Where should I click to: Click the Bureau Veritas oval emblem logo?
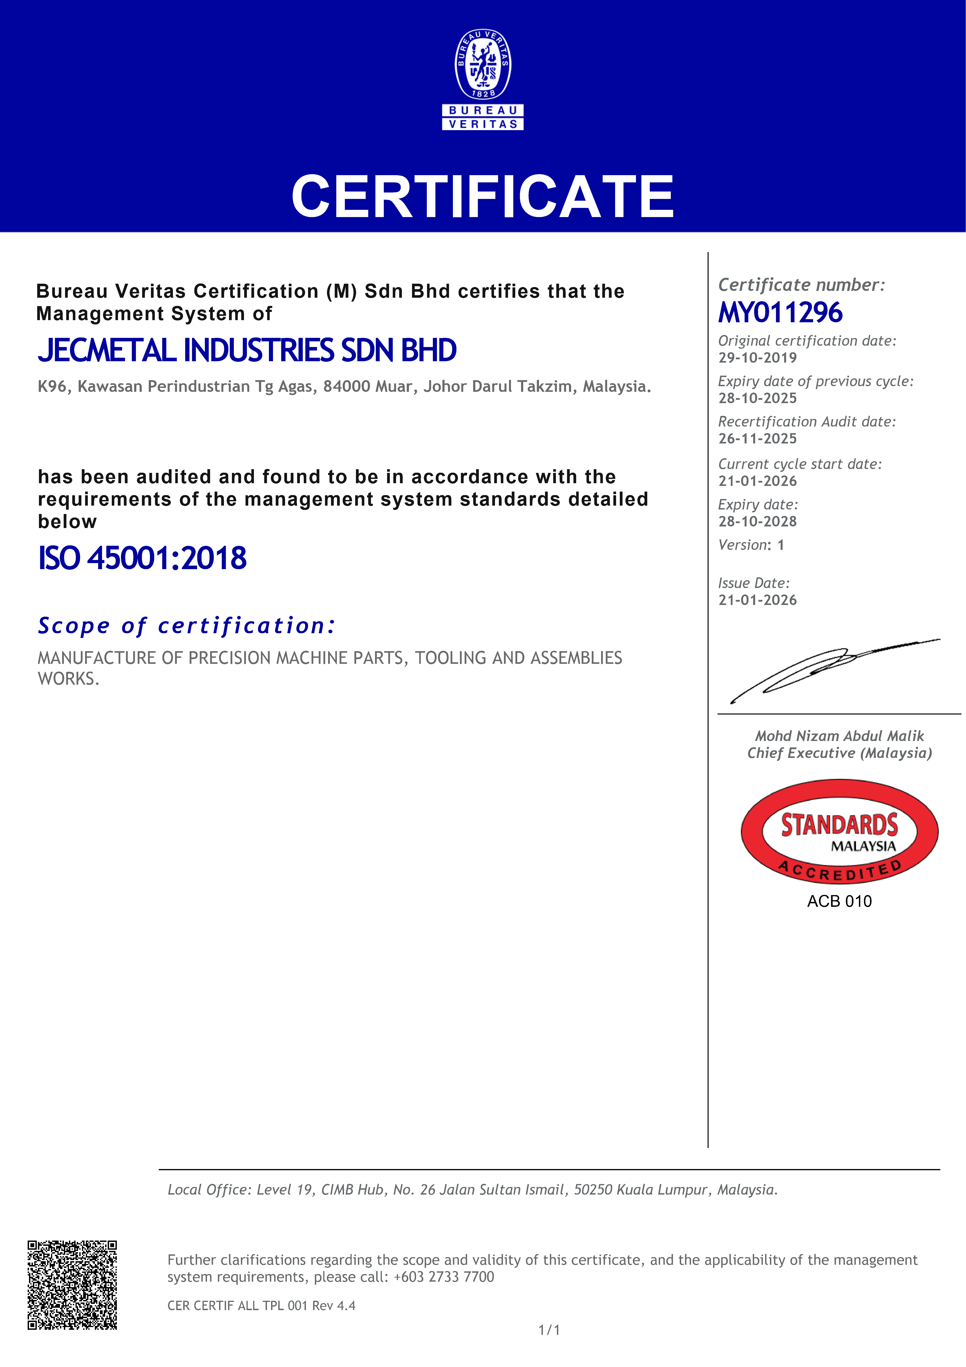tap(483, 64)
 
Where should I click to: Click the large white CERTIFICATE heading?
tap(483, 196)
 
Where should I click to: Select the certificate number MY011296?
tap(780, 313)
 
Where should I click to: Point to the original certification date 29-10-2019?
tap(757, 358)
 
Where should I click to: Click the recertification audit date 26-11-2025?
tap(757, 439)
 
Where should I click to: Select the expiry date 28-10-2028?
tap(757, 522)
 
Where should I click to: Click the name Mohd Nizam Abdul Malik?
tap(839, 736)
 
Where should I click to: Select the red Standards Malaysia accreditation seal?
tap(839, 832)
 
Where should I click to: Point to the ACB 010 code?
tap(839, 901)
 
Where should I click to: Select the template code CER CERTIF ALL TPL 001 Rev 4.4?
tap(261, 1306)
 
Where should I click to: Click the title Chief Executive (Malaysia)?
tap(839, 753)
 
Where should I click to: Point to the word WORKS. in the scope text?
tap(69, 679)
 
